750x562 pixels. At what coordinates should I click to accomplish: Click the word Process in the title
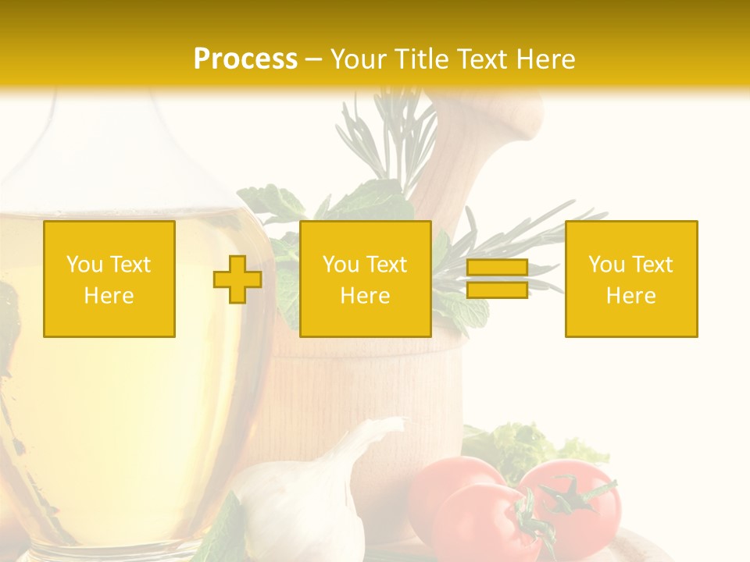[245, 59]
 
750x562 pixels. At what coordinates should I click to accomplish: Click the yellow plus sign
[237, 279]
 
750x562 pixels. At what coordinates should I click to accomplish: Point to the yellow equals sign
[497, 279]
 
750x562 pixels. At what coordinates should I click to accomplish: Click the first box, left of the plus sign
[109, 279]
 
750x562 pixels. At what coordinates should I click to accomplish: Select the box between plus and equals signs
[365, 279]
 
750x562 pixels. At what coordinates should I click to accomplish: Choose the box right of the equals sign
[631, 279]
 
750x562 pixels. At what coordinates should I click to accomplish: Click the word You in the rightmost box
[605, 265]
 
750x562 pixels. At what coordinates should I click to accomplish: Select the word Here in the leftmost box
[109, 296]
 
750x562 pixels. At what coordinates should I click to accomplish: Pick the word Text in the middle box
[386, 265]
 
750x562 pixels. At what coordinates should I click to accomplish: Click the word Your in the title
[359, 59]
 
